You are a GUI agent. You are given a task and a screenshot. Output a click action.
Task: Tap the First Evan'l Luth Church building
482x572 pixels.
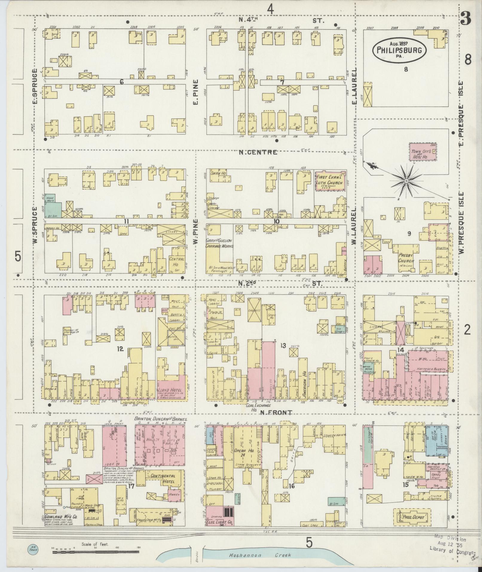tap(331, 181)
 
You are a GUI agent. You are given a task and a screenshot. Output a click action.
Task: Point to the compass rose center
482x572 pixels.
tap(406, 181)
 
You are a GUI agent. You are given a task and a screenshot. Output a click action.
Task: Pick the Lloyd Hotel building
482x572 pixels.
tap(172, 387)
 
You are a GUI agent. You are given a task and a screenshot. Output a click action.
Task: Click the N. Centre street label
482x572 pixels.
tap(258, 152)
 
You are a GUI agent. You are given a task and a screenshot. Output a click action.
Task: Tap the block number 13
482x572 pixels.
tap(283, 346)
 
